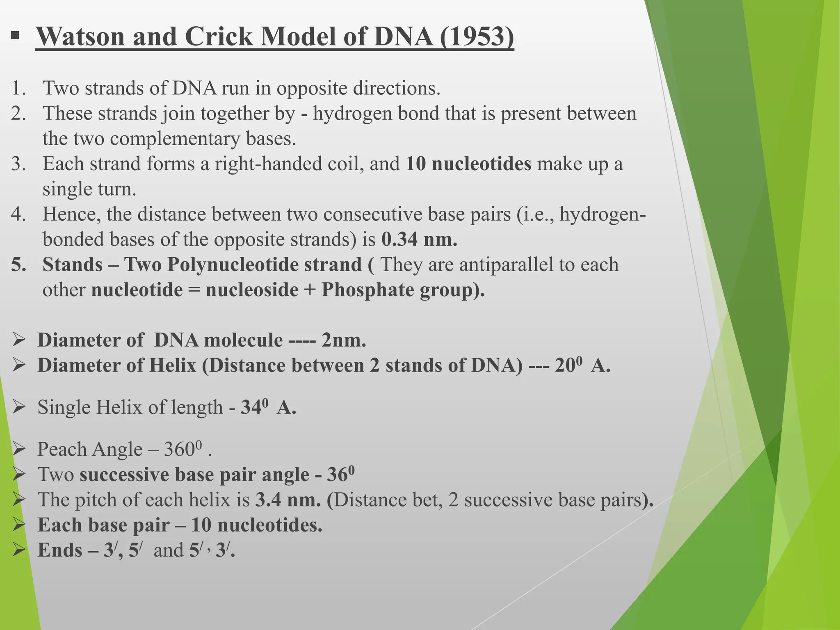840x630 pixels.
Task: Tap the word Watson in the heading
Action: pyautogui.click(x=80, y=37)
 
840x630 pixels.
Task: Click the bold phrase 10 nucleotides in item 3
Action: pyautogui.click(x=468, y=164)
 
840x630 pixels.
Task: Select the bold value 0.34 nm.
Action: pyautogui.click(x=419, y=240)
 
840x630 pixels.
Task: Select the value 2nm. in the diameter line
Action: pyautogui.click(x=344, y=340)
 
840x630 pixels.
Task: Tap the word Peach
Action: pyautogui.click(x=62, y=450)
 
